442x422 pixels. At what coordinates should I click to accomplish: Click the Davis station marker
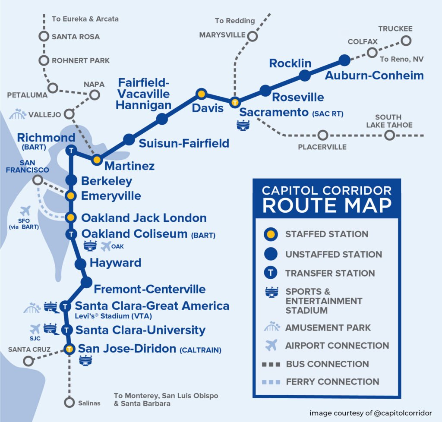[x=201, y=93]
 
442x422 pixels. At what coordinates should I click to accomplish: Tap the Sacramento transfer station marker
[x=235, y=103]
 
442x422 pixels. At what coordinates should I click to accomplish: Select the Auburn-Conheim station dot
[x=344, y=60]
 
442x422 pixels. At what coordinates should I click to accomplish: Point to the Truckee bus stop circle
[x=405, y=41]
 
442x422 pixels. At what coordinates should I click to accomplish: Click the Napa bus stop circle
[x=95, y=94]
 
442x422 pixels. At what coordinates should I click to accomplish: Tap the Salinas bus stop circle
[x=69, y=403]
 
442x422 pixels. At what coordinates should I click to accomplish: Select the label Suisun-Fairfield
[x=184, y=143]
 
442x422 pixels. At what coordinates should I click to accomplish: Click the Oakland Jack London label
[x=144, y=217]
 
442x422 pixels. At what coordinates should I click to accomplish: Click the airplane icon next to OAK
[x=105, y=246]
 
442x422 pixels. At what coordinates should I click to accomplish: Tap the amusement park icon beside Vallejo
[x=17, y=114]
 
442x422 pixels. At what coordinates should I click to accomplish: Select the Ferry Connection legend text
[x=332, y=381]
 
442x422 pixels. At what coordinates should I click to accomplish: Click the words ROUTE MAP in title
[x=327, y=206]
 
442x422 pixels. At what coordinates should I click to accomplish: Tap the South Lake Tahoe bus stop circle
[x=389, y=135]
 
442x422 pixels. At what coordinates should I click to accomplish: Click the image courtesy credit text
[x=370, y=413]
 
